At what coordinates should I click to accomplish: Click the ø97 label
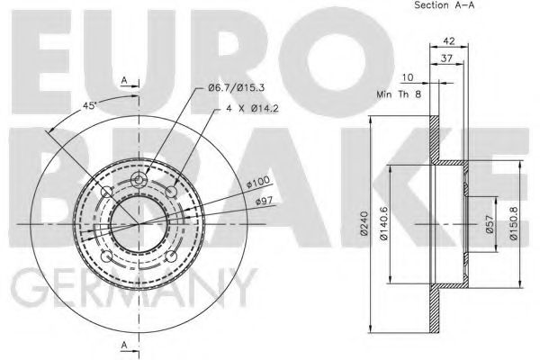[x=265, y=200]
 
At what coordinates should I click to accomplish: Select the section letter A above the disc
[x=123, y=79]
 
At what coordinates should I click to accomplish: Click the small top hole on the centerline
[x=139, y=183]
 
